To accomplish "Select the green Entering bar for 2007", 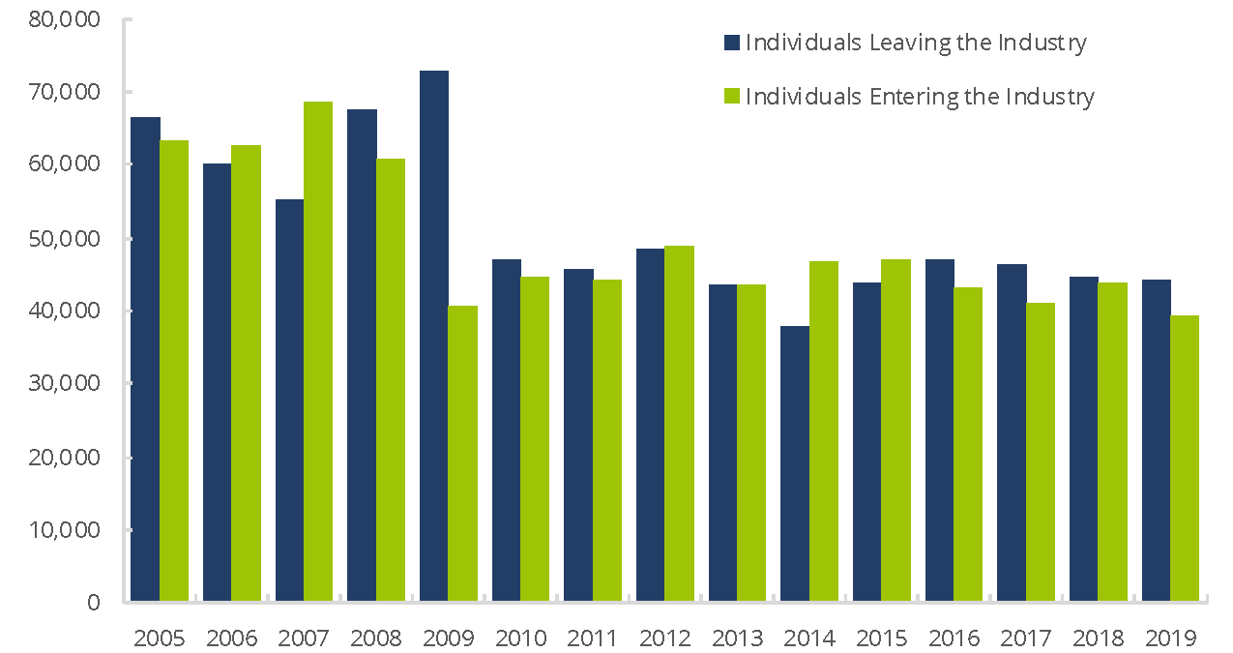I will coord(318,352).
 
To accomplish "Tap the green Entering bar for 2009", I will coord(463,454).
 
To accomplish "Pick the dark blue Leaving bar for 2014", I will coord(795,464).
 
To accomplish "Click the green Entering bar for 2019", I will coord(1185,459).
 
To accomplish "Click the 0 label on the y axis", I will coord(93,603).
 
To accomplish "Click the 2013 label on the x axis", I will coord(737,638).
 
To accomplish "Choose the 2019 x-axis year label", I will coord(1170,638).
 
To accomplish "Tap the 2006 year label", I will coord(232,638).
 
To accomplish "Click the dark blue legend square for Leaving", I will coord(732,43).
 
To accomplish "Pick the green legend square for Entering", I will coord(732,97).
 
